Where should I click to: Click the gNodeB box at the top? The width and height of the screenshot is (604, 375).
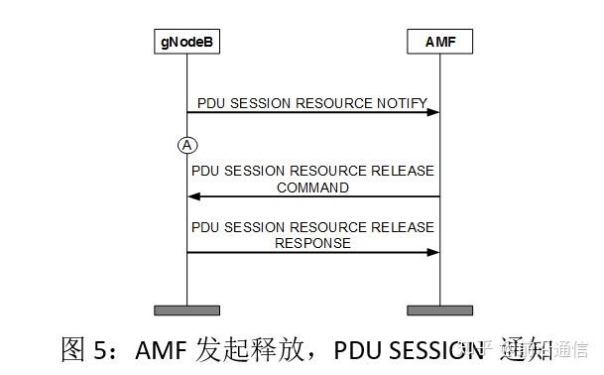point(186,43)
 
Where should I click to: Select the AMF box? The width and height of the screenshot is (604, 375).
point(439,43)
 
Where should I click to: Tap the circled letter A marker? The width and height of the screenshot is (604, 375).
point(186,146)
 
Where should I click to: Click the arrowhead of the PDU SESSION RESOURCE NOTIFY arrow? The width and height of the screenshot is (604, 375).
point(432,112)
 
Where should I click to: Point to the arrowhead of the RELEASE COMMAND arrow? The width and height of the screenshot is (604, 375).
point(194,196)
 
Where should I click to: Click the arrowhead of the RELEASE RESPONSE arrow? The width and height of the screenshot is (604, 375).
point(432,253)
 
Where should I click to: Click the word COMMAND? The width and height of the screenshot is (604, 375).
point(312,187)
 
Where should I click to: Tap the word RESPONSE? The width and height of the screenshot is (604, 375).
point(312,242)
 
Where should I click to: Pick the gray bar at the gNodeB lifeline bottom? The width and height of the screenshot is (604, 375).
point(186,310)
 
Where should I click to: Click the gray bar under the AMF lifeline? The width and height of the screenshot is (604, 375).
point(439,310)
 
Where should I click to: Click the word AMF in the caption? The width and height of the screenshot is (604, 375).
point(158,349)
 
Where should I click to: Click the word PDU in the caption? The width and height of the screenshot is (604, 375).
point(357,349)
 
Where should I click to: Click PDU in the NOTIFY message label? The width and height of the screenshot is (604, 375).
point(212,102)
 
